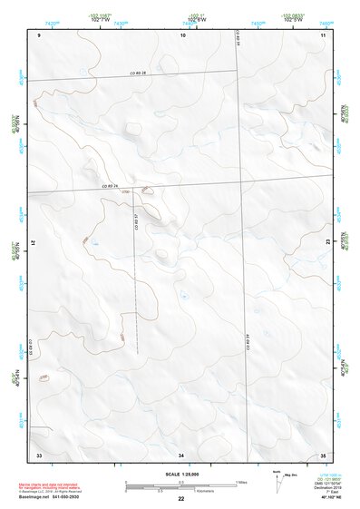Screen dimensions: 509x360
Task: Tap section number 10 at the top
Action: coord(182,34)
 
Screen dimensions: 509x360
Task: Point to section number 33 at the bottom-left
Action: coord(39,454)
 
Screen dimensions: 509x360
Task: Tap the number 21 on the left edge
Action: coord(36,243)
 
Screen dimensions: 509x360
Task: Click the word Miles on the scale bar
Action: coord(242,481)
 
